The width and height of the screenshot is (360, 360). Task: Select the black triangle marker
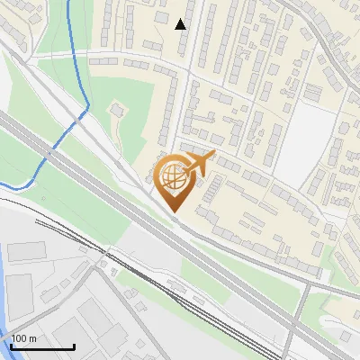[181, 24]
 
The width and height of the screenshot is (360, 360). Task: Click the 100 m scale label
[23, 338]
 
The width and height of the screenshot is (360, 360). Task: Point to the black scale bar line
[42, 346]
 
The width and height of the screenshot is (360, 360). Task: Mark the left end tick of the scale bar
[11, 345]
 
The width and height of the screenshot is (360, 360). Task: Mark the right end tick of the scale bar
[74, 345]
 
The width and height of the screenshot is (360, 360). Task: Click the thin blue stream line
[72, 54]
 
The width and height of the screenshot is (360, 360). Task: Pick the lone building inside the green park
[116, 109]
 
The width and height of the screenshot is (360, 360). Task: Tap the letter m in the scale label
[31, 338]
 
